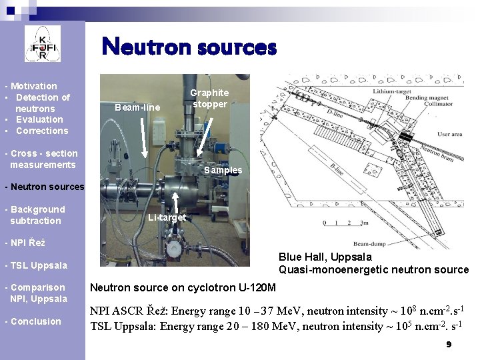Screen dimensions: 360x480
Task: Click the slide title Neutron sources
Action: point(189,47)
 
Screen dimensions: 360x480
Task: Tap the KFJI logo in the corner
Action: point(43,44)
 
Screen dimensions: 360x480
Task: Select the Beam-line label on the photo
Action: point(137,107)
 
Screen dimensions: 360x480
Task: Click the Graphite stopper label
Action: point(209,99)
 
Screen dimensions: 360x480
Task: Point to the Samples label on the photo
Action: point(223,170)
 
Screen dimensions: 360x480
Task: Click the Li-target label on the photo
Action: point(167,217)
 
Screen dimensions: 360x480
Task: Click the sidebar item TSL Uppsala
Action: point(36,265)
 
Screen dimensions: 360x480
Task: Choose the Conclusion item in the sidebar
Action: point(34,321)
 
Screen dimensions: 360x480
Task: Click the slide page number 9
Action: point(449,345)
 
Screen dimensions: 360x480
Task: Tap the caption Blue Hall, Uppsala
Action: point(325,257)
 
